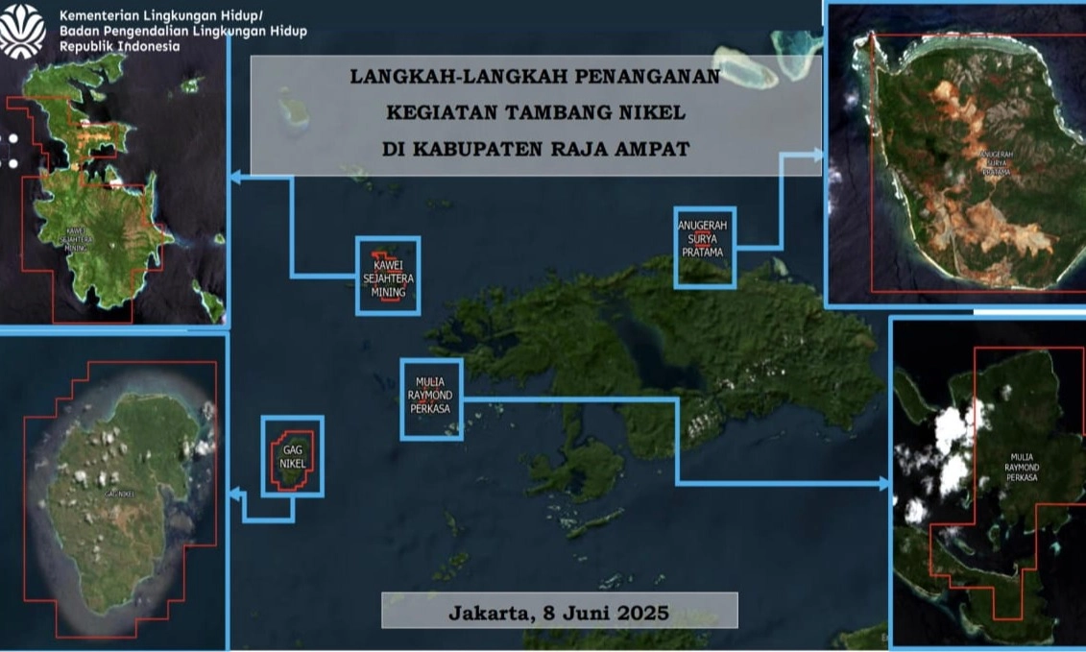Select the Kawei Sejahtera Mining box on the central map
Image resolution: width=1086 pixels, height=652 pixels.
[388, 275]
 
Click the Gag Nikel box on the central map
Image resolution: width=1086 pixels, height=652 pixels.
[292, 456]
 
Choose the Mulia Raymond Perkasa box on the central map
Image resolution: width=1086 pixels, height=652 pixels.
[431, 398]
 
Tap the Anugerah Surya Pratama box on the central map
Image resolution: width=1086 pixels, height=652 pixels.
[704, 247]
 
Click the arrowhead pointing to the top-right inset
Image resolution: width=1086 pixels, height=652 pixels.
[818, 154]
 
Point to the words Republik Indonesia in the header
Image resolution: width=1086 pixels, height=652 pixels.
[119, 47]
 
